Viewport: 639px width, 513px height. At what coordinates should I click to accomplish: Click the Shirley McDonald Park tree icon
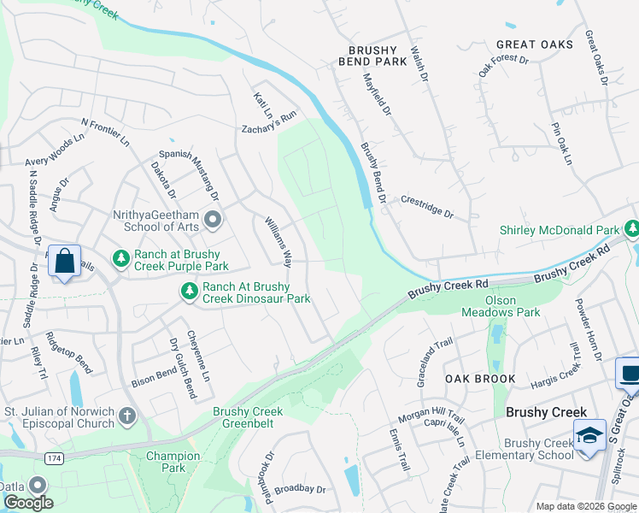(x=631, y=229)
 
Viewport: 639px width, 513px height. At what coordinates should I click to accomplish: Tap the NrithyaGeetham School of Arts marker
(x=213, y=221)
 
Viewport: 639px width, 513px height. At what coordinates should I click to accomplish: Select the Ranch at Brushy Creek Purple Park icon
(x=121, y=257)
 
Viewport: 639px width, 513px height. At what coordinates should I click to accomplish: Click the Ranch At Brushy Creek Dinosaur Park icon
(x=188, y=292)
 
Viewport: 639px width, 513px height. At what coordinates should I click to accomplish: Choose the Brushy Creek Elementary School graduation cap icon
(x=590, y=436)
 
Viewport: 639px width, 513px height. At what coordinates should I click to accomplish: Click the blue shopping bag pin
(x=65, y=262)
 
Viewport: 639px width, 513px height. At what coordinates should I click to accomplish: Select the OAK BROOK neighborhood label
(x=479, y=379)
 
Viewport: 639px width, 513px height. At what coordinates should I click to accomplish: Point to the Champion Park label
(x=173, y=462)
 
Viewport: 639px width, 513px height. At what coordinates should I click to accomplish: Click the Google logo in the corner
(x=28, y=503)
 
